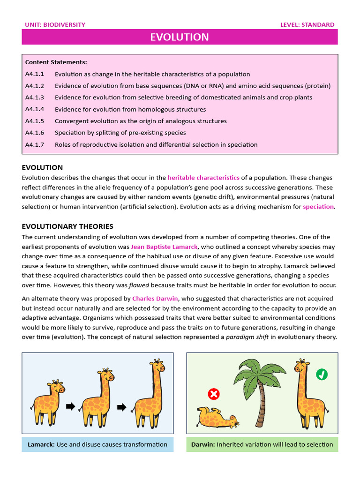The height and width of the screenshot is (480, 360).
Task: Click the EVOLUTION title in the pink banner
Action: click(180, 37)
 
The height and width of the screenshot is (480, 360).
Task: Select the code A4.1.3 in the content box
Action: click(35, 97)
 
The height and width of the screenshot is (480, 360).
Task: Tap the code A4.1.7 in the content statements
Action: click(35, 144)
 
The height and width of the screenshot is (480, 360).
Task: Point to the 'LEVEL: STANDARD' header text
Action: click(307, 25)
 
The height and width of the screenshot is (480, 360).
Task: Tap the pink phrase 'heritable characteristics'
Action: click(203, 178)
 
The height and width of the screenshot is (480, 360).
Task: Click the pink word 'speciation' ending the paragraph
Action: click(318, 206)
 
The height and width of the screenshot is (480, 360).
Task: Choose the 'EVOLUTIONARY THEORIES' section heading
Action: click(67, 226)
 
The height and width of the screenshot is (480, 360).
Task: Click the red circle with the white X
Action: click(214, 394)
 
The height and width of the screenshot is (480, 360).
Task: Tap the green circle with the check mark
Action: click(322, 374)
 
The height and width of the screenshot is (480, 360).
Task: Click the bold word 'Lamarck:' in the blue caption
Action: click(41, 444)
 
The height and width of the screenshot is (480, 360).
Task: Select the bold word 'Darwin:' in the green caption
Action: click(203, 444)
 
